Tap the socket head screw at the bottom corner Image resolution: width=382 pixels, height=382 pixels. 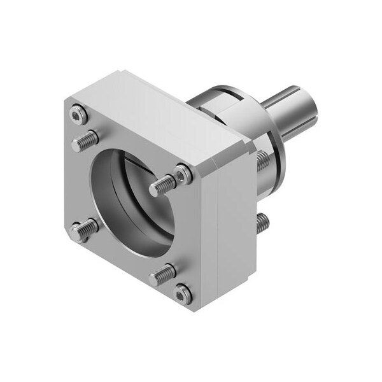pos(183,292)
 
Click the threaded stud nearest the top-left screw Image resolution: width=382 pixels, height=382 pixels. pos(85,141)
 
